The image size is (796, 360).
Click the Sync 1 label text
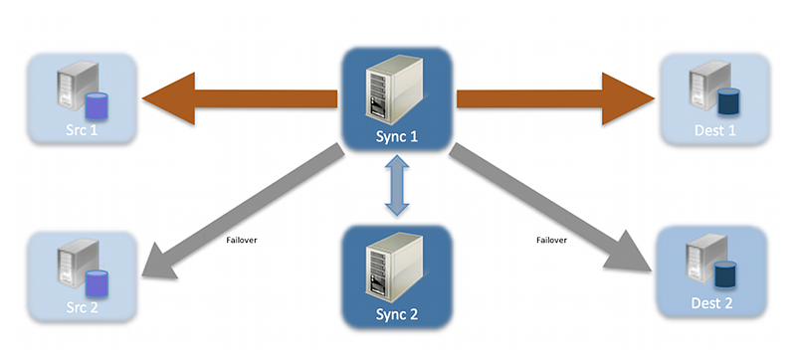(x=398, y=136)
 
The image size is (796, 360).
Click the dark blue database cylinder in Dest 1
(x=729, y=100)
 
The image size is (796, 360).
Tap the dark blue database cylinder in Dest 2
(x=728, y=271)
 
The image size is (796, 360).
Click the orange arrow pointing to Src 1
(x=239, y=98)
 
